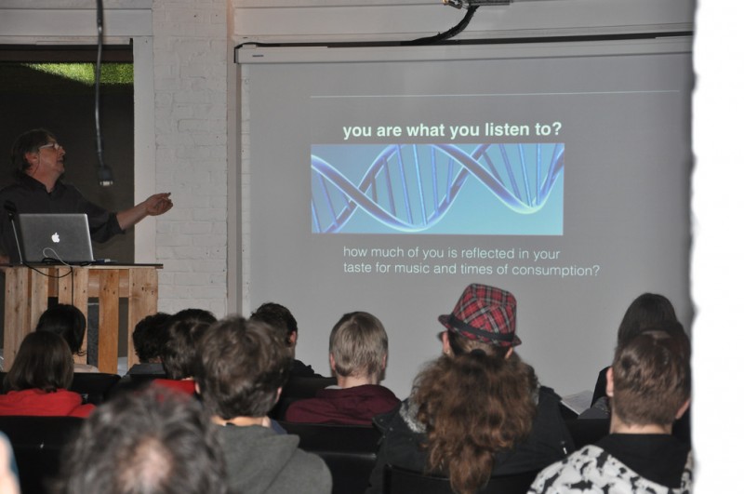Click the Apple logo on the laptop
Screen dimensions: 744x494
tap(56, 237)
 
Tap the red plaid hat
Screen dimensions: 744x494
tap(480, 314)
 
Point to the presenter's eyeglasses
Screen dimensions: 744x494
tap(51, 147)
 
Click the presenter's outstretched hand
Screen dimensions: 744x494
tap(159, 204)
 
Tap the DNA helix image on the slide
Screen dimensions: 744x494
tap(437, 189)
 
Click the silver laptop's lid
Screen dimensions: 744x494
tap(56, 237)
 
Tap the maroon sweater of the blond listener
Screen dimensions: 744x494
tap(342, 405)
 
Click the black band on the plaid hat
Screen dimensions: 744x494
tap(479, 330)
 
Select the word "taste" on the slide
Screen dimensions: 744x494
tap(358, 268)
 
